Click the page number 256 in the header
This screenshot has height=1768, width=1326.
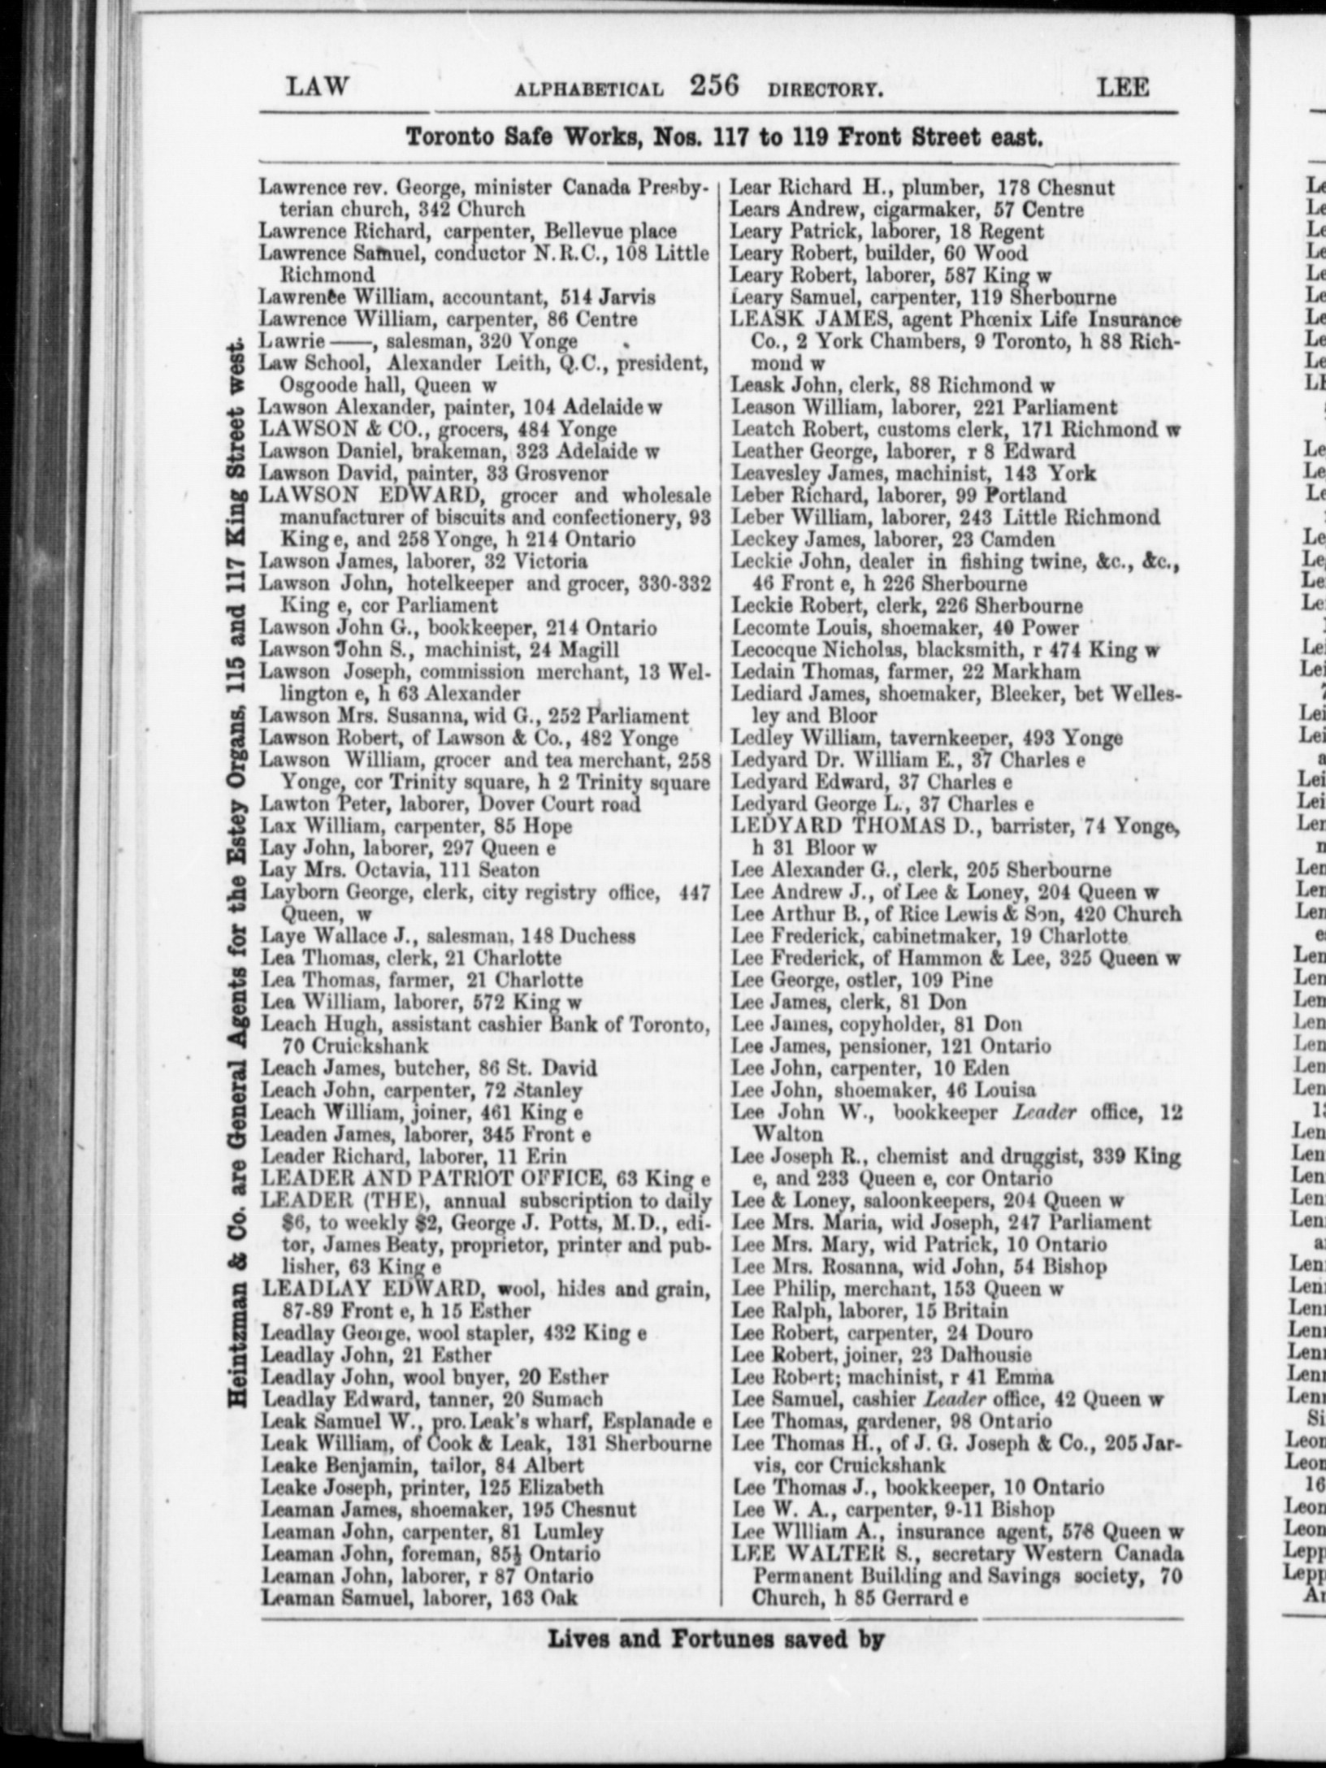pyautogui.click(x=713, y=85)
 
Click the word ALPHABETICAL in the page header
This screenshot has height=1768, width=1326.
pyautogui.click(x=589, y=89)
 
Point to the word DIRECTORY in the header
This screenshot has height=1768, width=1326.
pyautogui.click(x=823, y=89)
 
